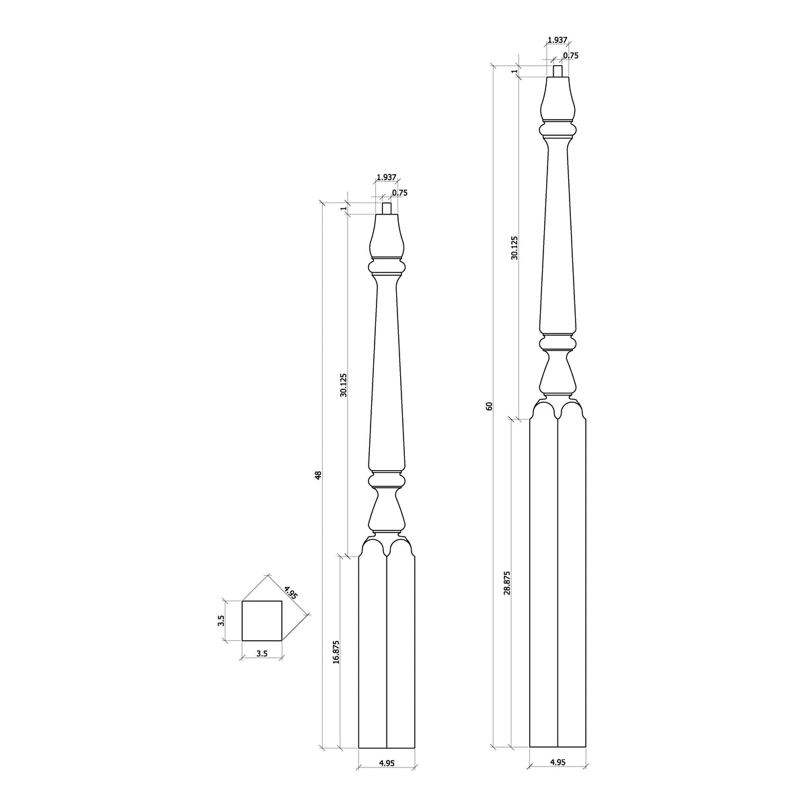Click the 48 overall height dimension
click(x=319, y=475)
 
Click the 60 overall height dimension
click(x=489, y=406)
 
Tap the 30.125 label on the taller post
click(x=514, y=247)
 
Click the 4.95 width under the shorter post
click(x=386, y=763)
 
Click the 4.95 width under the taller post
click(x=558, y=762)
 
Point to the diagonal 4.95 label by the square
click(x=290, y=592)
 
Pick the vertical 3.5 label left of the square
click(x=221, y=621)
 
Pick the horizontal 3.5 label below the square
click(x=262, y=653)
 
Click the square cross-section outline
click(x=262, y=621)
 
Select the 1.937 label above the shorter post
click(x=385, y=177)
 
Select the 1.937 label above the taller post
click(x=556, y=40)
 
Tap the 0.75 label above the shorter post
click(x=399, y=192)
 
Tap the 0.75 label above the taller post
click(x=570, y=56)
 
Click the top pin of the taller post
click(x=558, y=71)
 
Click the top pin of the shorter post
click(x=387, y=208)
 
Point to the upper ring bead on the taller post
click(x=558, y=128)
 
